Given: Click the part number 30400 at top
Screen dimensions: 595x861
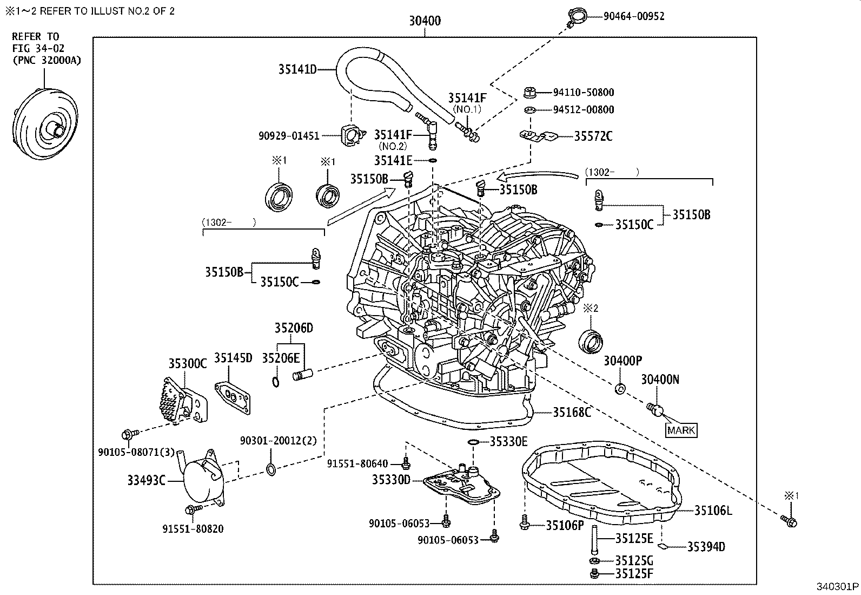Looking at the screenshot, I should pyautogui.click(x=425, y=21).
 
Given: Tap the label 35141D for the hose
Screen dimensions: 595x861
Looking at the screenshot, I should pyautogui.click(x=297, y=69).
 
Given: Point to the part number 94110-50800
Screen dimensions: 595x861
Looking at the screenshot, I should pyautogui.click(x=583, y=93).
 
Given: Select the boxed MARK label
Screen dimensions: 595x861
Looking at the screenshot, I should pyautogui.click(x=681, y=430).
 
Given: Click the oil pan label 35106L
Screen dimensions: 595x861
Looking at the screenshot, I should pyautogui.click(x=713, y=510).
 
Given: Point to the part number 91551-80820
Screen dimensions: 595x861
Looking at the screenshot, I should pyautogui.click(x=193, y=529).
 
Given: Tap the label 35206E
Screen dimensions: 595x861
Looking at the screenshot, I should pyautogui.click(x=280, y=358).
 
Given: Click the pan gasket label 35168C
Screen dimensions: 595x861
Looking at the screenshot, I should pyautogui.click(x=571, y=413).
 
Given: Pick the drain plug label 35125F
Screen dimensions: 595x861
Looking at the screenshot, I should pyautogui.click(x=634, y=573).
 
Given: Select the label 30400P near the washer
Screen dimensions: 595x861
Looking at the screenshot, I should pyautogui.click(x=622, y=361).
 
